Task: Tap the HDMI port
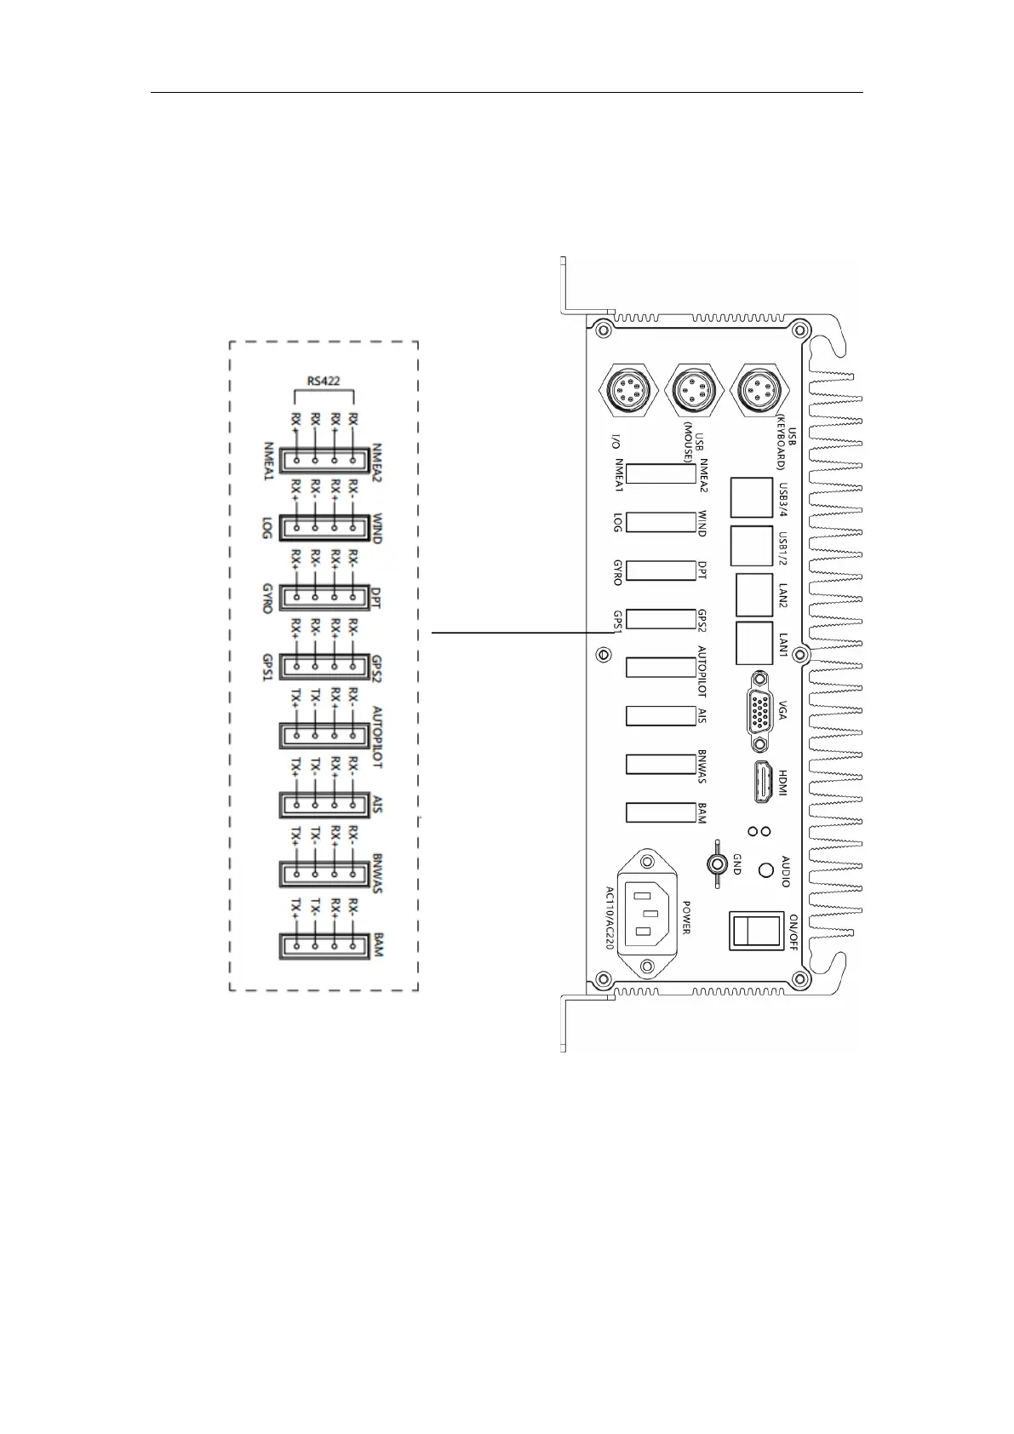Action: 759,783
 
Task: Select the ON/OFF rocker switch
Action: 755,930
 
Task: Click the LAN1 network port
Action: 753,644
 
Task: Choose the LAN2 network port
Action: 753,595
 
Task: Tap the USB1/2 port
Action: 750,547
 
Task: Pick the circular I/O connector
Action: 630,390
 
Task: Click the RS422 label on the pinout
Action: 324,380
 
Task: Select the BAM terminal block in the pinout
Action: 324,946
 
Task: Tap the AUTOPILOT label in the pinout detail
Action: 377,737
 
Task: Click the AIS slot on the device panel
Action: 661,715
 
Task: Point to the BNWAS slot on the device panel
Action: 661,764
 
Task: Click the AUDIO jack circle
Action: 765,869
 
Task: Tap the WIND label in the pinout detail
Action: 377,528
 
